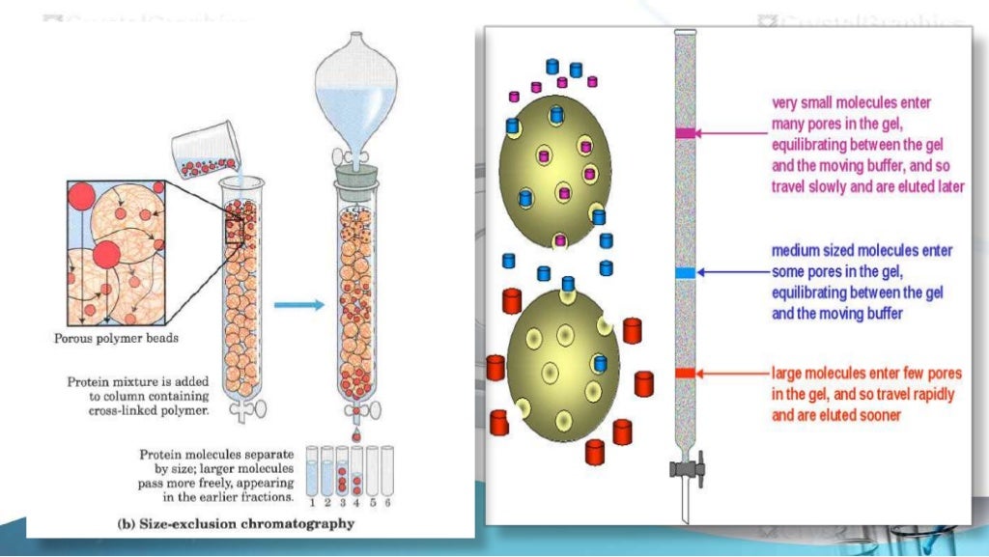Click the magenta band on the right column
pyautogui.click(x=685, y=133)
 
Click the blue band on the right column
pyautogui.click(x=685, y=273)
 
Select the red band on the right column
pyautogui.click(x=685, y=373)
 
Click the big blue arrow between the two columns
pyautogui.click(x=299, y=305)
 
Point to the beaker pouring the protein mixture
pyautogui.click(x=202, y=155)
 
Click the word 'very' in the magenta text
pyautogui.click(x=785, y=102)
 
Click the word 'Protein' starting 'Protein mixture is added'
pyautogui.click(x=92, y=381)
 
